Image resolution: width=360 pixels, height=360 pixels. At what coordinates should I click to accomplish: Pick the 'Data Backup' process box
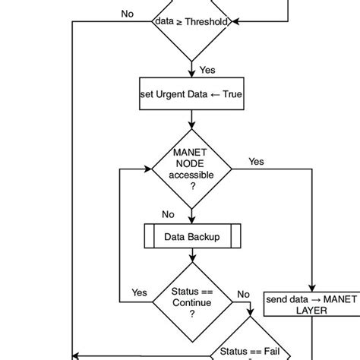191,237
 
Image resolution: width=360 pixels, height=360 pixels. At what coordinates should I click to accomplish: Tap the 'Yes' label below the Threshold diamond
207,70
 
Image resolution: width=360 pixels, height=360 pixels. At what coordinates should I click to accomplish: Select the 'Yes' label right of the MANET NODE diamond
257,162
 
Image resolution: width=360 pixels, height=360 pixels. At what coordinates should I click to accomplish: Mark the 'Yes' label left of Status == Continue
140,292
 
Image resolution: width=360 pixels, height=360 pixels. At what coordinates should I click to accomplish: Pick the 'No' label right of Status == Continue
243,294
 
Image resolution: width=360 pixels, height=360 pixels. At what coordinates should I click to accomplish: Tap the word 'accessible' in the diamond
191,175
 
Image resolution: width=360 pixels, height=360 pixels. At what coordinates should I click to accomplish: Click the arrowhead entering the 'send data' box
312,288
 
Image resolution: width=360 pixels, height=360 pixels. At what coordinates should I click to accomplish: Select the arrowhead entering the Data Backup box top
191,220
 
